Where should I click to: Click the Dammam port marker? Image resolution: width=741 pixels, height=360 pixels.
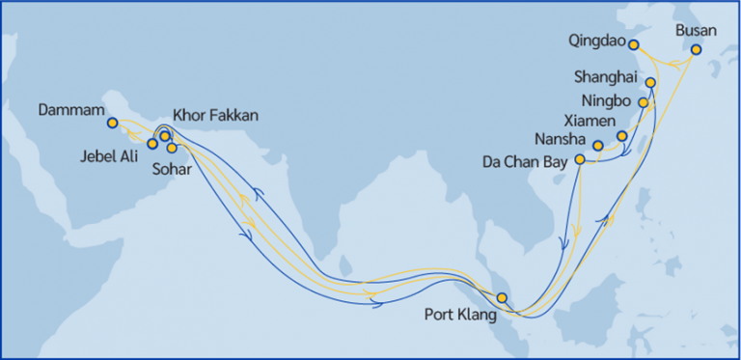click(113, 123)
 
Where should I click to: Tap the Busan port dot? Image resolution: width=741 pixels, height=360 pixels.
click(697, 49)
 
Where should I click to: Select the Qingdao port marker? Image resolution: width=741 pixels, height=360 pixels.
click(634, 44)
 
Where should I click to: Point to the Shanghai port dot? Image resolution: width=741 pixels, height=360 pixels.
click(650, 83)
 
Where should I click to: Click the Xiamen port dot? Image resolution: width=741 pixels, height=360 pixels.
click(622, 136)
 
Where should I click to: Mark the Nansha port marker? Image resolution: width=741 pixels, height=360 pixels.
click(598, 146)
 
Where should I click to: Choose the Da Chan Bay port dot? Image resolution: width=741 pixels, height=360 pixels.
click(580, 159)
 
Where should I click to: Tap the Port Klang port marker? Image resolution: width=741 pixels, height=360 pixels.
click(501, 297)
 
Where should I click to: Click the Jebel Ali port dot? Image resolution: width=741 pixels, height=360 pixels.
click(151, 144)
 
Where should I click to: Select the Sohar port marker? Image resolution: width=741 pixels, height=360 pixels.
click(173, 148)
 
